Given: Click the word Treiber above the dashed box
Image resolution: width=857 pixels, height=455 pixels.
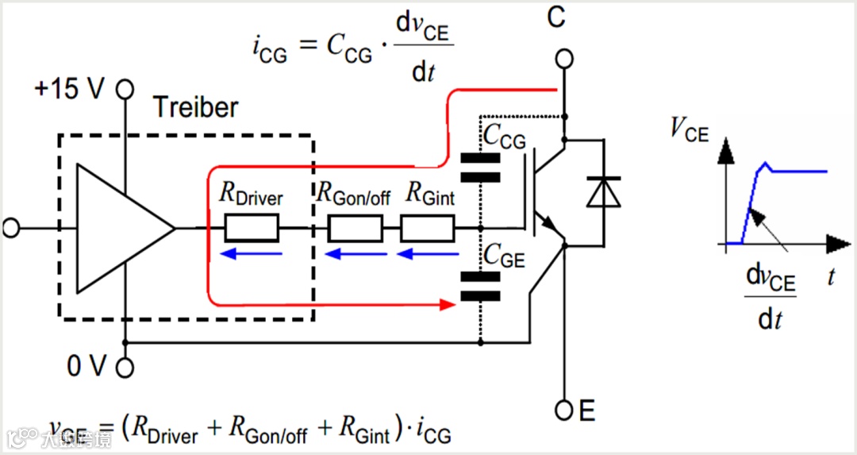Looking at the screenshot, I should (x=195, y=107).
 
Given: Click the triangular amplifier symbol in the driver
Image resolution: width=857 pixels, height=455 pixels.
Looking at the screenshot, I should (x=119, y=229).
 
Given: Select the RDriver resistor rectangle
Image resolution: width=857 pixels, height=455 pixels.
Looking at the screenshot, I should (x=252, y=229).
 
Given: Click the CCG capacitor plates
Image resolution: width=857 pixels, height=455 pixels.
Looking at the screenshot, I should (x=480, y=168).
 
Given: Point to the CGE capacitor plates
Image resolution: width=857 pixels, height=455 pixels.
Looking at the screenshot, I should (x=480, y=287).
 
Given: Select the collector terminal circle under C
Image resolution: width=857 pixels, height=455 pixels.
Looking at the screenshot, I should (x=563, y=59).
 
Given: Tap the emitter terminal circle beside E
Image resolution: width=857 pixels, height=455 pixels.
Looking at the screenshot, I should (x=564, y=411).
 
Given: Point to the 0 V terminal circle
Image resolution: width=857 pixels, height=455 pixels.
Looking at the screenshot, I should (x=125, y=368).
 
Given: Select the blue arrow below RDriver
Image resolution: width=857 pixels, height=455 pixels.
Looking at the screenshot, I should (x=252, y=254).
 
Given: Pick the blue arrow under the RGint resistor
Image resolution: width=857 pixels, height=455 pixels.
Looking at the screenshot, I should (x=428, y=254).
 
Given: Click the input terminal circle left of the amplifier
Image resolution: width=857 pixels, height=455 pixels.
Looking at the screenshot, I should (x=10, y=229).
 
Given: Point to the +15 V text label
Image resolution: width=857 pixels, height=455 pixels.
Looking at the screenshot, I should (x=69, y=89).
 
